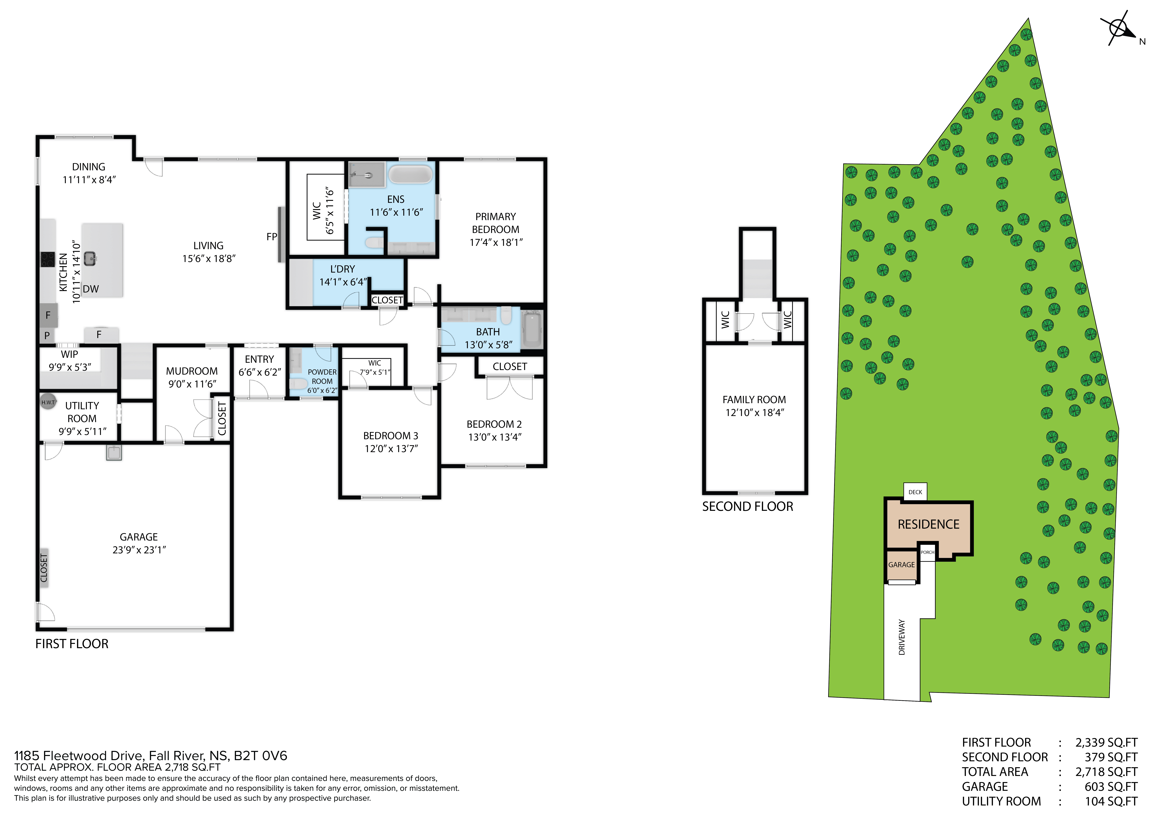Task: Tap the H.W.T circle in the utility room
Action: pyautogui.click(x=48, y=402)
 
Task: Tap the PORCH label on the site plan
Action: pyautogui.click(x=928, y=552)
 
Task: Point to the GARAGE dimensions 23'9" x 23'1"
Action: pyautogui.click(x=139, y=550)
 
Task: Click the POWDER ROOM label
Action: pyautogui.click(x=322, y=376)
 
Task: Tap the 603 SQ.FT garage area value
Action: pyautogui.click(x=1111, y=787)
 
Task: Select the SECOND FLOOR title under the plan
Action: pyautogui.click(x=748, y=507)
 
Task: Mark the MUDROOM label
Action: pyautogui.click(x=192, y=371)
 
